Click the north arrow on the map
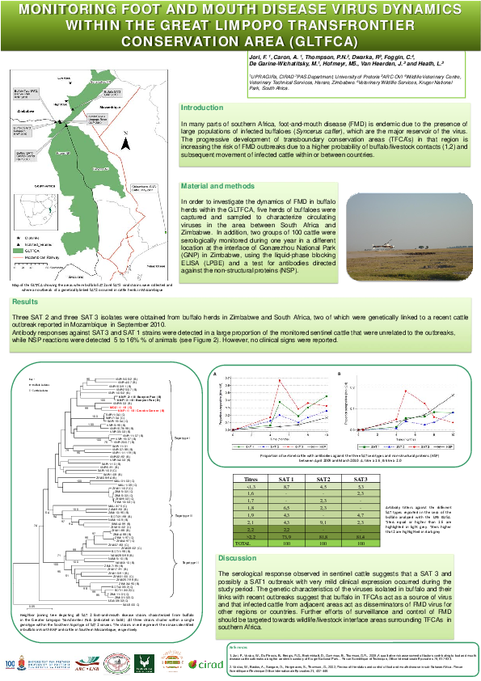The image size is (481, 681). pos(124,132)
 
